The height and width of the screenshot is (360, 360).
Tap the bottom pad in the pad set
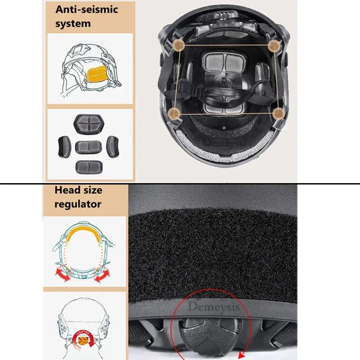point(88,166)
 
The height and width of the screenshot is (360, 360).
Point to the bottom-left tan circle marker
point(175,113)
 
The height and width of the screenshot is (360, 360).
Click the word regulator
point(78,204)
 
